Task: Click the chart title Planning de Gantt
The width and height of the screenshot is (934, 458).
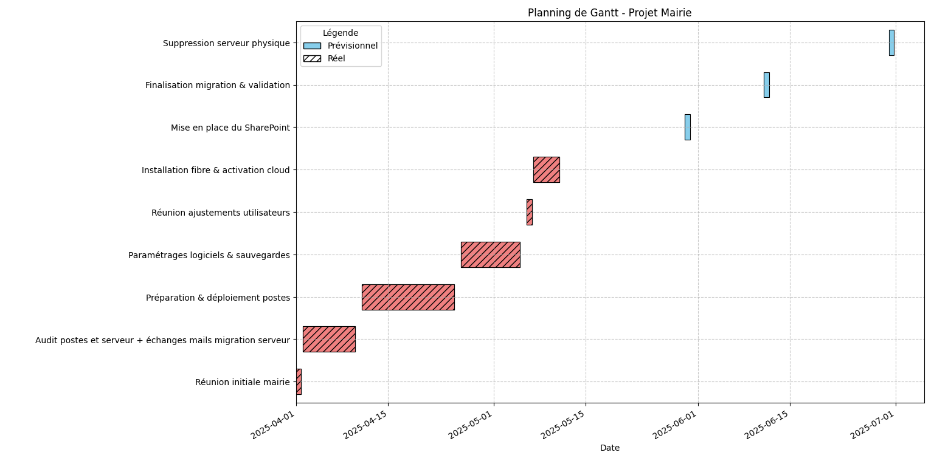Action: (x=609, y=13)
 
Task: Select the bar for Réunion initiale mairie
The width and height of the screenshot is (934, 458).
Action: (x=299, y=381)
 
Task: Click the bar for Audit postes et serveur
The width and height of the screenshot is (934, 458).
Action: (x=329, y=339)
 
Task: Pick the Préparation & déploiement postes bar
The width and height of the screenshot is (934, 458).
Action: (x=408, y=297)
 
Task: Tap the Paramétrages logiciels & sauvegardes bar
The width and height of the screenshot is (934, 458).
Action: (x=490, y=255)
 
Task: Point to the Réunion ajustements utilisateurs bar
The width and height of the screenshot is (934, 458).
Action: (x=529, y=212)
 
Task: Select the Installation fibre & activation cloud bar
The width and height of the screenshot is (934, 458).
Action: (x=546, y=169)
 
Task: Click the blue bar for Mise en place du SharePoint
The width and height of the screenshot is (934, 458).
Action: (x=687, y=127)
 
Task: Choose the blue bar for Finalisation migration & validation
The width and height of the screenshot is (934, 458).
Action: (x=766, y=85)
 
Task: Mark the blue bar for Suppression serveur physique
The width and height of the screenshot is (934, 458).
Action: (x=891, y=43)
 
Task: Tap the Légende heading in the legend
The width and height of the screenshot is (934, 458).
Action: (x=341, y=33)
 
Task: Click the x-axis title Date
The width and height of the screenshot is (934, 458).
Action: (x=609, y=448)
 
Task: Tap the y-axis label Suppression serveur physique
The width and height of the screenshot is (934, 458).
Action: (x=226, y=43)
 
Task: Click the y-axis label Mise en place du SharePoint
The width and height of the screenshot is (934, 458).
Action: (x=230, y=128)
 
